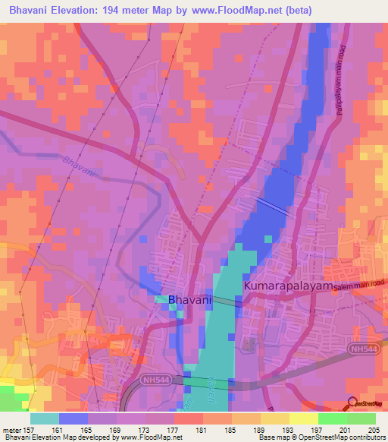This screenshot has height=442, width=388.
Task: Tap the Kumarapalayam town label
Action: click(x=288, y=287)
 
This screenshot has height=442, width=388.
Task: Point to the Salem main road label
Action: click(x=359, y=283)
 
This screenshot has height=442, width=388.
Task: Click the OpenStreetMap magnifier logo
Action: click(x=353, y=403)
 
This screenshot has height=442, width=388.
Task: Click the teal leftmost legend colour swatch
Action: click(x=44, y=418)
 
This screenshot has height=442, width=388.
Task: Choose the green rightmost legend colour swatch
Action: click(x=361, y=418)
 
